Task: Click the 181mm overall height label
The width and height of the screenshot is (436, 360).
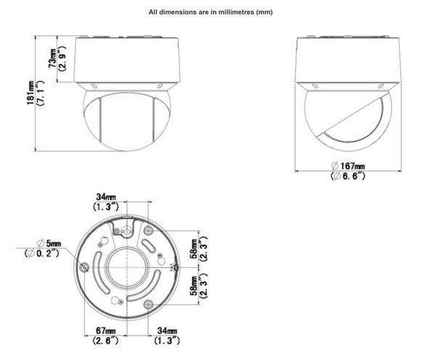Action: tap(31, 93)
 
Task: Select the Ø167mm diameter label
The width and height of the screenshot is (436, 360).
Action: tap(348, 166)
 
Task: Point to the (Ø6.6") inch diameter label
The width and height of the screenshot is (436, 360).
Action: tap(348, 176)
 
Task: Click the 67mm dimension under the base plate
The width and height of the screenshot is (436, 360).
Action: tap(105, 331)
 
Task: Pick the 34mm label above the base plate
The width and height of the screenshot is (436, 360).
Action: tap(106, 197)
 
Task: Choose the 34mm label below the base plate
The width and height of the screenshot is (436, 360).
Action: tap(167, 331)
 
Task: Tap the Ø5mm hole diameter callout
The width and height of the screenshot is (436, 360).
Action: tap(49, 244)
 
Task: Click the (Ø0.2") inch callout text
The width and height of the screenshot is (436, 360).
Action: tap(42, 253)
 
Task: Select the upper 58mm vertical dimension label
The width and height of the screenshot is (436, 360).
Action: tap(194, 249)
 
